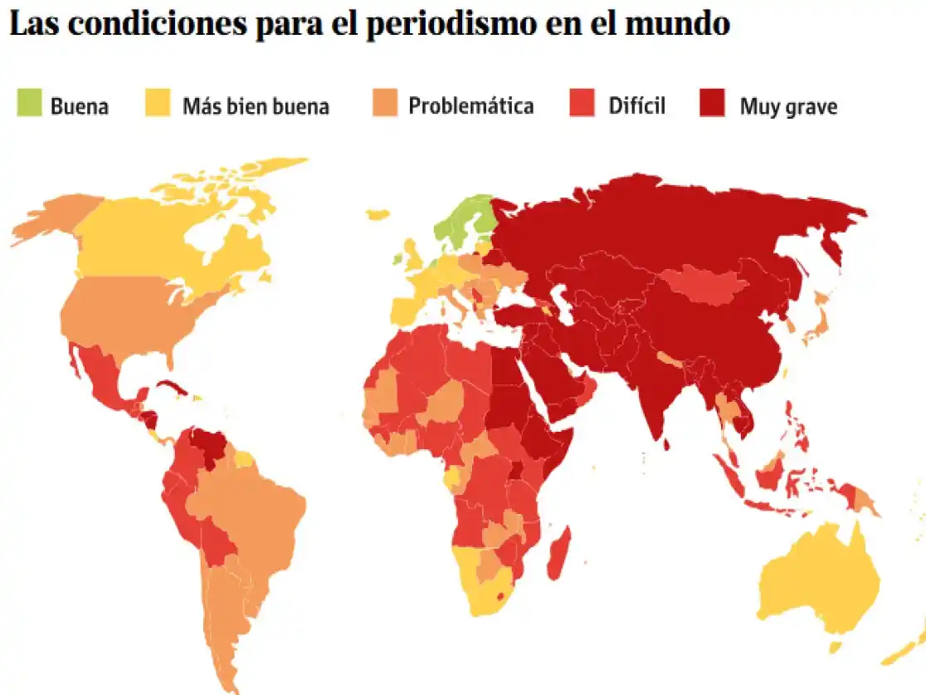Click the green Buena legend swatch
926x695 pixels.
tap(29, 105)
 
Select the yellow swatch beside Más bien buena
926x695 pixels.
tap(158, 105)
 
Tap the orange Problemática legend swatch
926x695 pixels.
tap(384, 105)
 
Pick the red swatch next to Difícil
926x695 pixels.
tap(582, 105)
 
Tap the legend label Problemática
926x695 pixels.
tap(470, 106)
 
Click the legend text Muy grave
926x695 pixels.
tap(788, 106)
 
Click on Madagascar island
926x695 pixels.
tap(558, 553)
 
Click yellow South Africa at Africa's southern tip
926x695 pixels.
tap(490, 594)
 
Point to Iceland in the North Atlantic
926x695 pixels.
tap(378, 214)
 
